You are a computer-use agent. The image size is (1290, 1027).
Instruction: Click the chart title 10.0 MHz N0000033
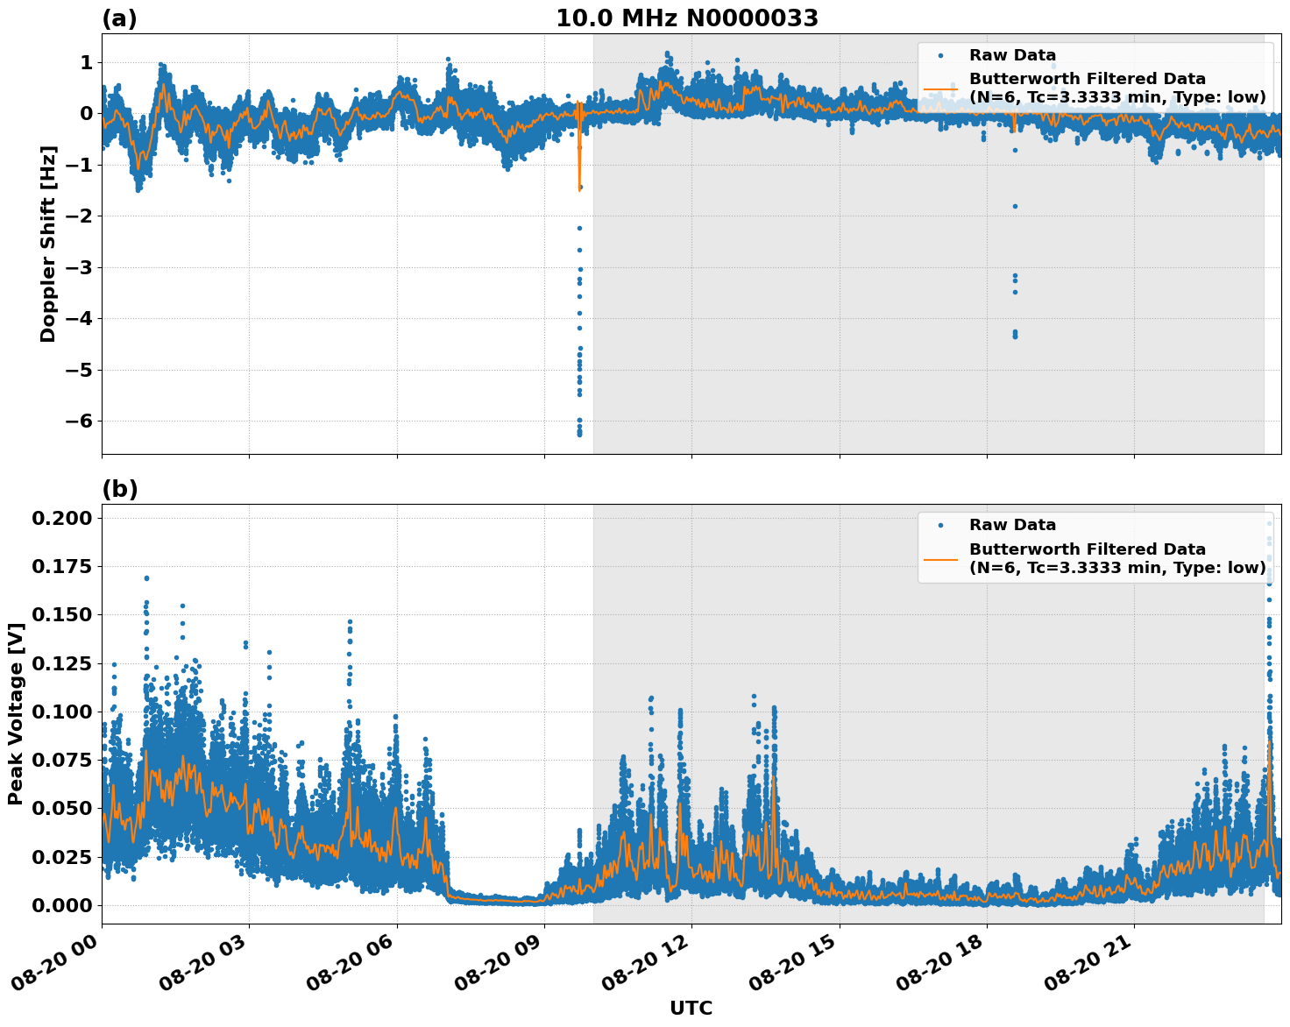coord(686,18)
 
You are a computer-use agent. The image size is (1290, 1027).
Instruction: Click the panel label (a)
coord(119,18)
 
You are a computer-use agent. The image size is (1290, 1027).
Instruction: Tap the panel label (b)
coord(119,489)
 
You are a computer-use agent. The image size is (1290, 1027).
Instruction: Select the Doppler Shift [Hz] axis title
coord(48,244)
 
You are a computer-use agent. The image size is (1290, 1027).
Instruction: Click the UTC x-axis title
coord(691,1008)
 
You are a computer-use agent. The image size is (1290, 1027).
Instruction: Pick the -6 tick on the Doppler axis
coord(80,421)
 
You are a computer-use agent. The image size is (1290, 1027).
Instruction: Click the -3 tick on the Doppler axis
coord(80,267)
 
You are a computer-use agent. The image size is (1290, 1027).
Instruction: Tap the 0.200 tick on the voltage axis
coord(62,519)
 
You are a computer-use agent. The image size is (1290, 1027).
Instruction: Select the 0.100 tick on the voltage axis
coord(62,712)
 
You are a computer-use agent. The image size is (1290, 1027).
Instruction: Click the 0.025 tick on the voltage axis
coord(62,857)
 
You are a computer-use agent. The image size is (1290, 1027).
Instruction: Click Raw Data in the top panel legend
coord(1012,56)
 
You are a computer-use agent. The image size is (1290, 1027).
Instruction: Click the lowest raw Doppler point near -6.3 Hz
coord(579,434)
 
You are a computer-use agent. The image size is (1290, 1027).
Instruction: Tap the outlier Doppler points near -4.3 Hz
coord(1015,334)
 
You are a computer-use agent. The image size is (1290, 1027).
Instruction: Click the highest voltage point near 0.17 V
coord(146,578)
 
